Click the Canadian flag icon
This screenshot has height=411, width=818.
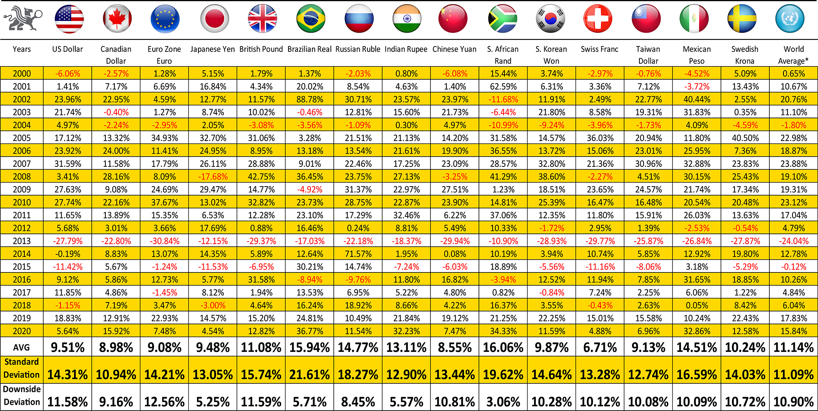117,19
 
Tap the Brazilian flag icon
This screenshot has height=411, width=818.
311,19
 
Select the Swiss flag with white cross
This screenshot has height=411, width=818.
598,19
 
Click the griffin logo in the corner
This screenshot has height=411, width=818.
23,18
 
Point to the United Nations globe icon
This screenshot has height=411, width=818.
790,19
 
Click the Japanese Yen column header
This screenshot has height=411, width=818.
213,49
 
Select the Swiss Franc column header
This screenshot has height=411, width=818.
600,49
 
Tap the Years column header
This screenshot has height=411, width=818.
22,49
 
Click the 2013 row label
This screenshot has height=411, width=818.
22,241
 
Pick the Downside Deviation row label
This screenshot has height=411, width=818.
22,395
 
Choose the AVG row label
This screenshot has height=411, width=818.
21,348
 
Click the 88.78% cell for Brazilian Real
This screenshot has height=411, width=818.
310,99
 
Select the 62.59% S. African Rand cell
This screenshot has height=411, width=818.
503,87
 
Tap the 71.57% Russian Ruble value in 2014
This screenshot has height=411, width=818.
358,254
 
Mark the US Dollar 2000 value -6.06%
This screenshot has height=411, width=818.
68,74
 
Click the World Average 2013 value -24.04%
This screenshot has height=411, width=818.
794,241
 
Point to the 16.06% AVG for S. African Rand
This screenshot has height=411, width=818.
503,348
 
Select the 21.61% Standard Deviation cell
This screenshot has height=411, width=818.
310,375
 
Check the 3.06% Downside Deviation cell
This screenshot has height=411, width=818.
503,402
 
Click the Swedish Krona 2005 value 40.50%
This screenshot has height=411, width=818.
745,138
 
